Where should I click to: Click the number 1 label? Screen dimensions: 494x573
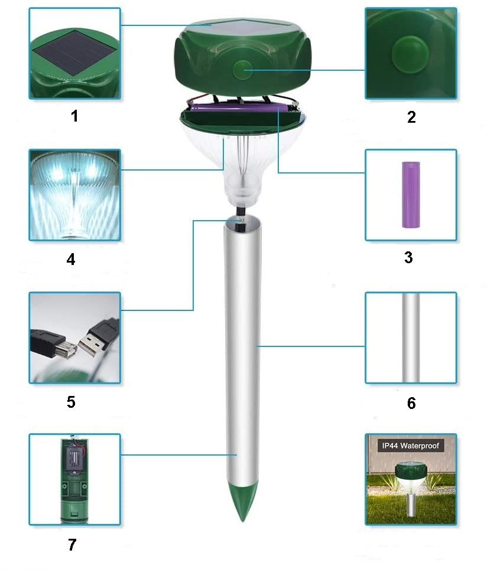tap(74, 116)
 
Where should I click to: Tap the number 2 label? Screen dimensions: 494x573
tap(411, 117)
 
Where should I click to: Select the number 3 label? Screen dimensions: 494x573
tap(409, 257)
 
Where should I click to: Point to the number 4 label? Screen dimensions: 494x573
tap(71, 259)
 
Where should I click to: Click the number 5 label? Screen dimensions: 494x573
tap(71, 402)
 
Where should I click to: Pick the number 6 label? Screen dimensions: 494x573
tap(411, 403)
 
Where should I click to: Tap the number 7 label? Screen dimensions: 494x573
tap(72, 545)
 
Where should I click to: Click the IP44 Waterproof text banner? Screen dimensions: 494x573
tap(411, 446)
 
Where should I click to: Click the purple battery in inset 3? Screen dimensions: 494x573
tap(411, 195)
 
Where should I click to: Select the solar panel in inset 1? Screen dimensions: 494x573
tap(74, 53)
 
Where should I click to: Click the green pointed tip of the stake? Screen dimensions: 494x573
tap(242, 500)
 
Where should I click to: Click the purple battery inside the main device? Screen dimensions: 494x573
tap(239, 107)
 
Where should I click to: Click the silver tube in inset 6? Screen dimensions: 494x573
tap(411, 338)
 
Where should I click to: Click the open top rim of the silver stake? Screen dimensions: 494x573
tap(243, 221)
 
